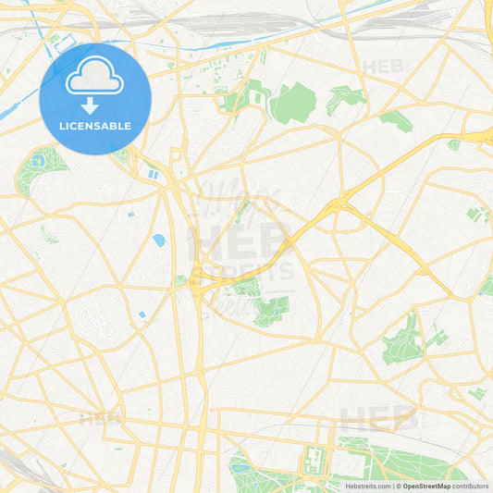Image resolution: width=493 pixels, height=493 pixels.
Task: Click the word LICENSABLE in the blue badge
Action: click(x=95, y=126)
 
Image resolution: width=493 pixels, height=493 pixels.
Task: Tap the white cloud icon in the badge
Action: click(x=95, y=76)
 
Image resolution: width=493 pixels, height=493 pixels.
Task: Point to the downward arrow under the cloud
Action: click(x=95, y=105)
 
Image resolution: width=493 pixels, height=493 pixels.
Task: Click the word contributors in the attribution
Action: click(x=471, y=486)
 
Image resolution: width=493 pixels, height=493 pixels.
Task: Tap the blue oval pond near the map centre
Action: click(x=158, y=240)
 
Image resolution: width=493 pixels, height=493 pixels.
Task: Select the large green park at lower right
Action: click(x=404, y=341)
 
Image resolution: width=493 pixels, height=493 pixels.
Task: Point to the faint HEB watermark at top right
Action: click(x=384, y=67)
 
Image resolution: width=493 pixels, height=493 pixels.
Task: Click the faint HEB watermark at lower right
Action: click(x=379, y=419)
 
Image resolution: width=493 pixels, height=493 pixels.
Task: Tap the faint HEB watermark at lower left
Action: click(x=100, y=418)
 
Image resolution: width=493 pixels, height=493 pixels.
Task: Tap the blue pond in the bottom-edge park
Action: click(x=241, y=468)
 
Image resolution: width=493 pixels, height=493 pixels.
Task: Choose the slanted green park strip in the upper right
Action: click(x=396, y=122)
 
